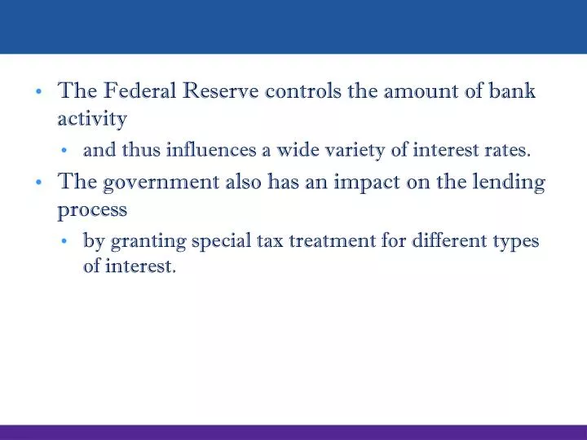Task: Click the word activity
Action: coord(92,121)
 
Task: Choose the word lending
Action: coord(510,183)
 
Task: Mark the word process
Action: coord(92,210)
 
